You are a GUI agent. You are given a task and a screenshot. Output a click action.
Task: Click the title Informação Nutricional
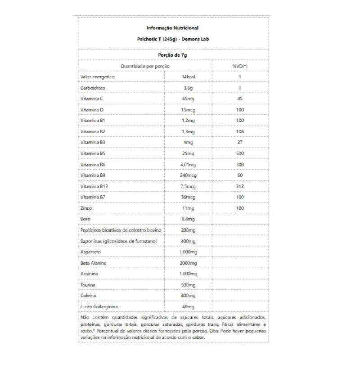coord(172,28)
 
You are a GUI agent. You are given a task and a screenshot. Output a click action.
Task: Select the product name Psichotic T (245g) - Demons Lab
coord(173,39)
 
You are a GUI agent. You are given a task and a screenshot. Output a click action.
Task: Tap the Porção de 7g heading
coord(172,54)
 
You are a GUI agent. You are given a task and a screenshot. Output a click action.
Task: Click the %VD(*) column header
coord(240,66)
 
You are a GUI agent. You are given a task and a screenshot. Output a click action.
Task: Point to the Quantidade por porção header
coord(145,66)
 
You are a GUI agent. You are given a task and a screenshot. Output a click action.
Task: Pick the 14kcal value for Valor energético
coord(188,77)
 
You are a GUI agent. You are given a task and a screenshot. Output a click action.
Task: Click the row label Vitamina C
coord(92,99)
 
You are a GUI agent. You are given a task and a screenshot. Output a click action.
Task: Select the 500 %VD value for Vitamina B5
coord(240,153)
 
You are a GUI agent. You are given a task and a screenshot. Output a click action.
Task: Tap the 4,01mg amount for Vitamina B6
coord(188,164)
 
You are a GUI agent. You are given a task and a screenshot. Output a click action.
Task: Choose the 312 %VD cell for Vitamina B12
coord(240,186)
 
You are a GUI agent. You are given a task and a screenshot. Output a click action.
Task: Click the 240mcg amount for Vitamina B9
coord(188,175)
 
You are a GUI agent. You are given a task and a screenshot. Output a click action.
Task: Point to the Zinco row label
coord(86,208)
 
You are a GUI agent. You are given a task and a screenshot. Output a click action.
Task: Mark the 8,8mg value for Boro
coord(188,219)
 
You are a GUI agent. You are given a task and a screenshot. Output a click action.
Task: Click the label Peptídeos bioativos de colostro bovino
coord(121,230)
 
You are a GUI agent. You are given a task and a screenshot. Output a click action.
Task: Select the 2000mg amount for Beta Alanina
coord(188,263)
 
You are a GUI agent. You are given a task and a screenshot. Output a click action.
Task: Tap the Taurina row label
coord(88,285)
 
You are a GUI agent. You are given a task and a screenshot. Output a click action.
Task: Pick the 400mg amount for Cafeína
coord(188,296)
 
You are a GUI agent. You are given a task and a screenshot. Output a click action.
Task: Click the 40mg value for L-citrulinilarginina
coord(188,306)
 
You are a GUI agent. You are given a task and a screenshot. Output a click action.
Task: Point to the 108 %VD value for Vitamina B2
coord(240,131)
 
